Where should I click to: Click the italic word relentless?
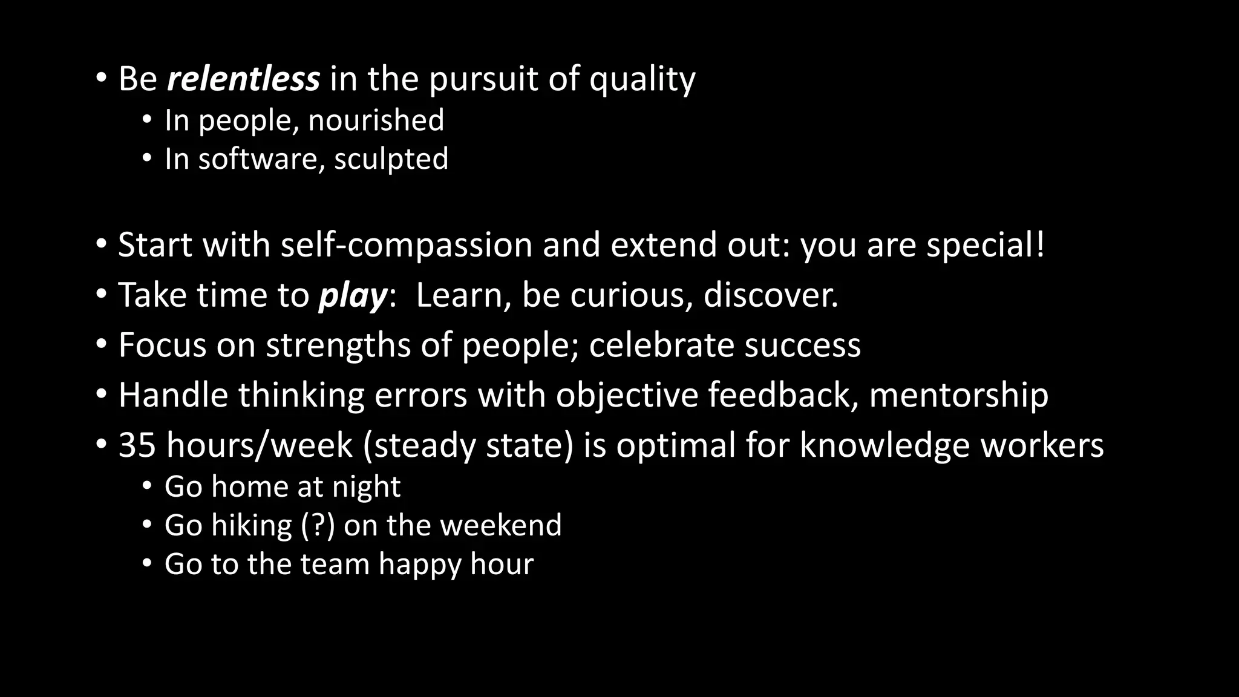(243, 79)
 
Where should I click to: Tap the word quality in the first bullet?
(642, 80)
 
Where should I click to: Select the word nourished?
(376, 120)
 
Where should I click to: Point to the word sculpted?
(391, 159)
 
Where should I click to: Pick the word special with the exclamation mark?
(986, 245)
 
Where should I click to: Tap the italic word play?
(353, 296)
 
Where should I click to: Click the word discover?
(771, 295)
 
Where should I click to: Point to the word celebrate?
(661, 345)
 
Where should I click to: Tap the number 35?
(137, 445)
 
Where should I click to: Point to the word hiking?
(252, 525)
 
